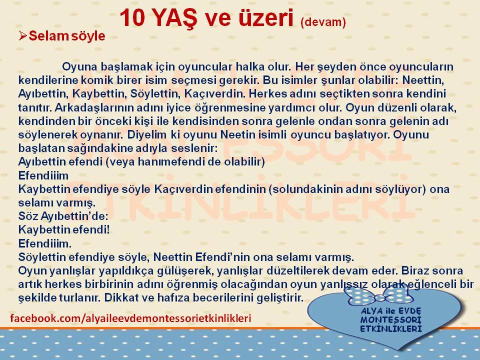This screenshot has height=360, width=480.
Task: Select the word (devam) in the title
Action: tap(323, 22)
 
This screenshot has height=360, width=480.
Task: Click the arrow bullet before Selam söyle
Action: tap(22, 36)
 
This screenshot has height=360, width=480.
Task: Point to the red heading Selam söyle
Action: tap(67, 36)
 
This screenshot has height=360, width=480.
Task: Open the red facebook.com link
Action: tap(130, 318)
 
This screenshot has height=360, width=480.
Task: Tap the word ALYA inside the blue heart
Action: tap(371, 311)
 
